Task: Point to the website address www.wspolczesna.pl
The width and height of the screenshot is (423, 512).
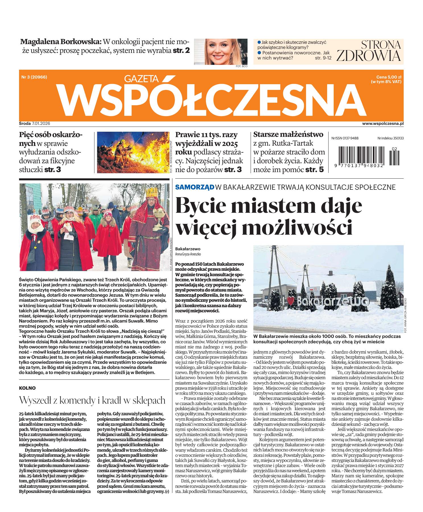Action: pyautogui.click(x=383, y=124)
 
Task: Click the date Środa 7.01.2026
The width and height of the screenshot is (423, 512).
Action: pyautogui.click(x=34, y=124)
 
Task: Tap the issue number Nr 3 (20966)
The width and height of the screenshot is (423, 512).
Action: pyautogui.click(x=34, y=77)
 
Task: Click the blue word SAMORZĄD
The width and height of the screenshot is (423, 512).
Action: pyautogui.click(x=195, y=187)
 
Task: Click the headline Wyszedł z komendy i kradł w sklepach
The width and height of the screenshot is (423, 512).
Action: pyautogui.click(x=92, y=400)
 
